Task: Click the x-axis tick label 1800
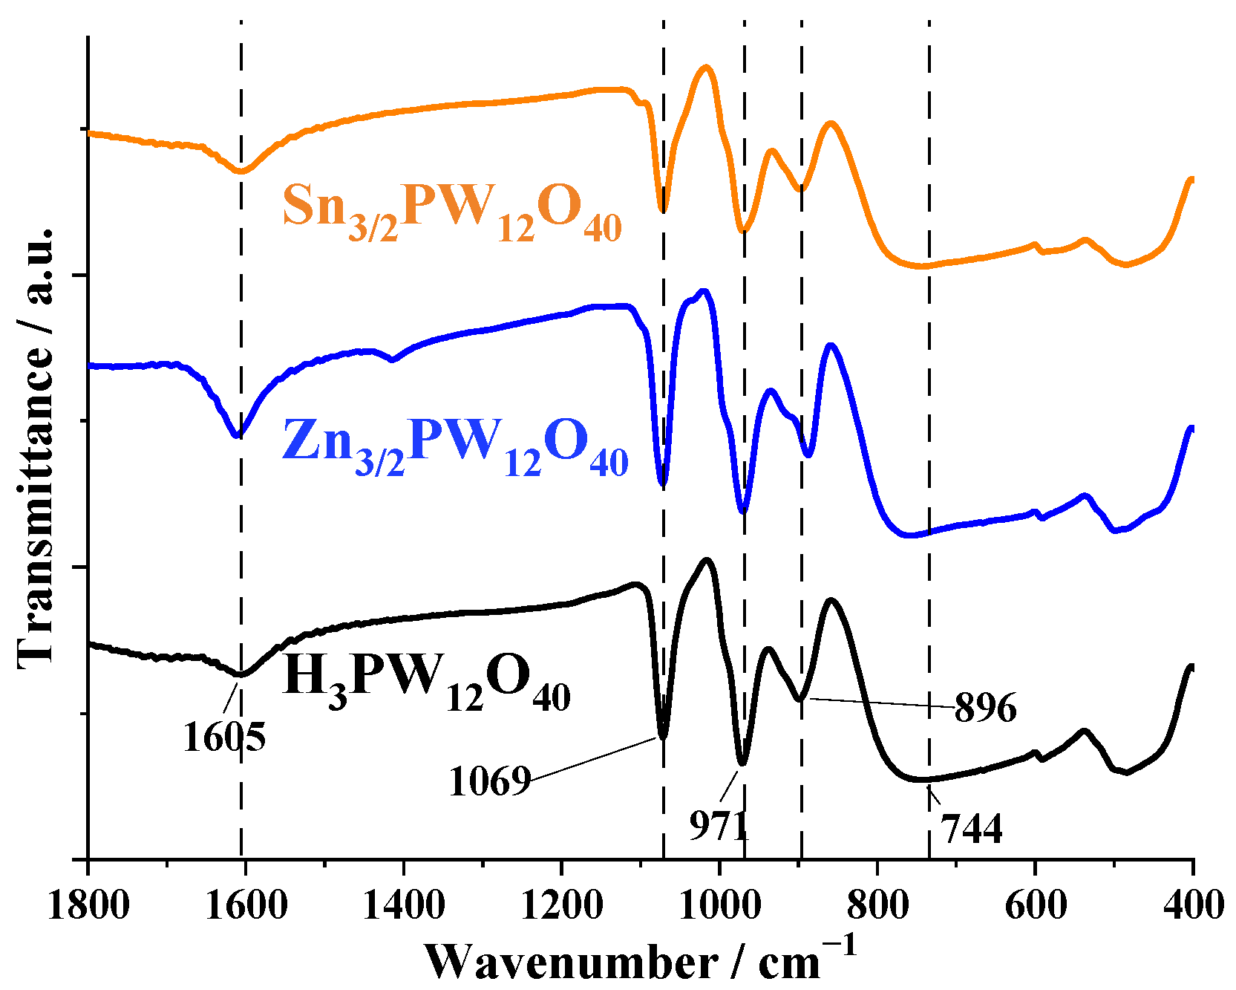coord(88,905)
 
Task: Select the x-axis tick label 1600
coord(246,905)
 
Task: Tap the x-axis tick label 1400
coord(405,905)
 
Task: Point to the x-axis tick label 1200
coord(562,905)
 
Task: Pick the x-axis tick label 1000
coord(719,905)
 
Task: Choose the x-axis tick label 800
coord(877,905)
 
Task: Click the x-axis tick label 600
coord(1035,905)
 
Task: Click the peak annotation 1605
coord(223,737)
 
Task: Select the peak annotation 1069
coord(490,781)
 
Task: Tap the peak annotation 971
coord(719,824)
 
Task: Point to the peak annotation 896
coord(985,708)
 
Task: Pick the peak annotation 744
coord(972,829)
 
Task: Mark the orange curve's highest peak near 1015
coord(706,68)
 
